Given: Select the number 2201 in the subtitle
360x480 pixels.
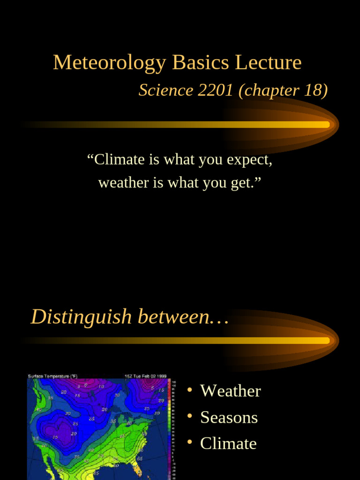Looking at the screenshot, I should pos(216,90).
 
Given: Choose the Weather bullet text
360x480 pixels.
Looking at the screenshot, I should pos(230,391).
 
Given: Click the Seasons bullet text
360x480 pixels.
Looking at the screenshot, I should pos(229,417).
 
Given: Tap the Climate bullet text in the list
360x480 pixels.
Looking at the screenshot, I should pos(228,443).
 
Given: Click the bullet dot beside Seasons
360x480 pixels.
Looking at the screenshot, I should pos(189,416).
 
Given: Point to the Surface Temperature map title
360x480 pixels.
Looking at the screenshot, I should pos(49,376).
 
